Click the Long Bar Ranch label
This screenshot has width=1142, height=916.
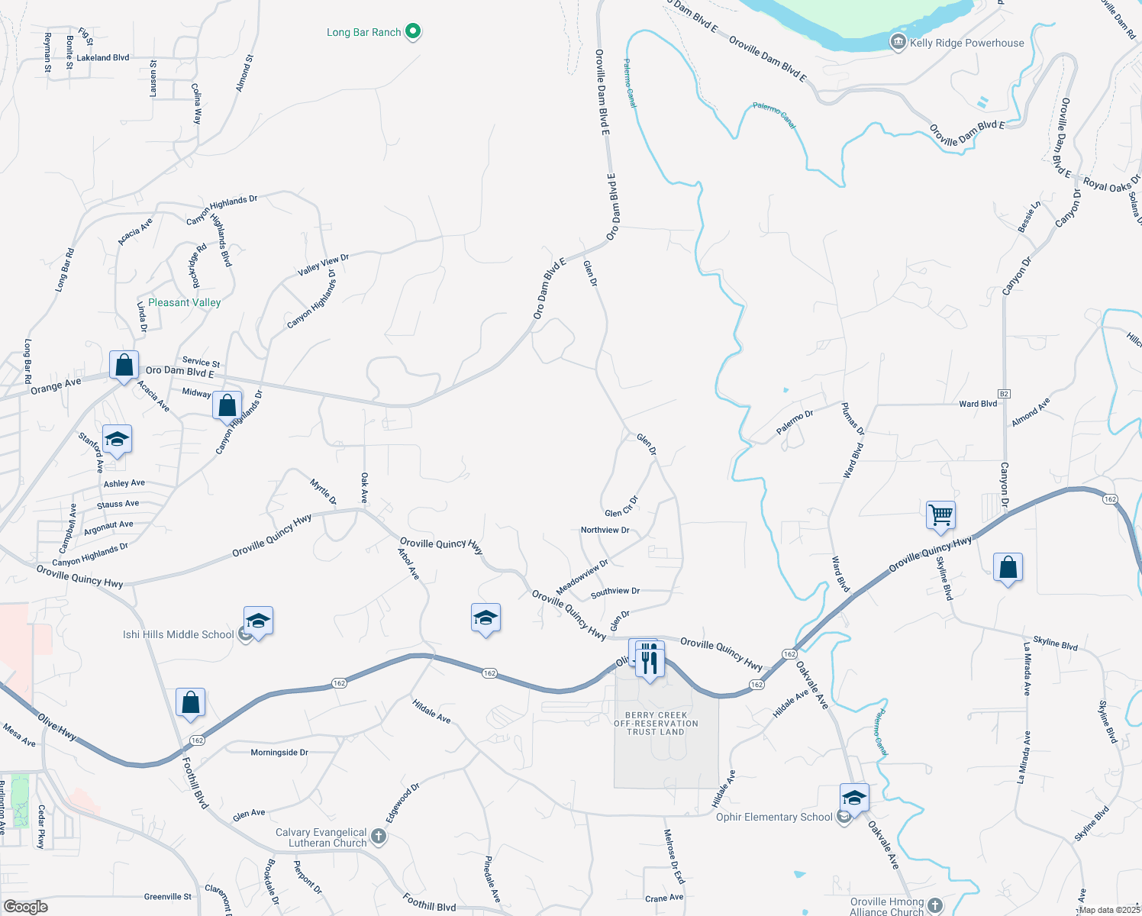coord(364,32)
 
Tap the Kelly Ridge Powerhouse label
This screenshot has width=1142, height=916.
coord(966,43)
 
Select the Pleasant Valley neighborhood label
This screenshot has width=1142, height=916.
coord(185,302)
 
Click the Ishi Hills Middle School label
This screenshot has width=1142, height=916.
coord(179,634)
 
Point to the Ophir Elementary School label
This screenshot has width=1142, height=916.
coord(774,817)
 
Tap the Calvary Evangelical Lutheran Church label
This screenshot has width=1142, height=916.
coord(321,837)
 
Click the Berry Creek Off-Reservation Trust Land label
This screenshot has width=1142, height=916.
coord(656,724)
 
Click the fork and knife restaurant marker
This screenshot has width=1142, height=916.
coord(649,660)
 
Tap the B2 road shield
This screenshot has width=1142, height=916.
coord(1004,394)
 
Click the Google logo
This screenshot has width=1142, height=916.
coord(25,906)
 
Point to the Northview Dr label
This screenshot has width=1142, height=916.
coord(605,530)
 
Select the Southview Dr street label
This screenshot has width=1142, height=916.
coord(615,591)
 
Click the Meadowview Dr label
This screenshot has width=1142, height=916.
coord(582,577)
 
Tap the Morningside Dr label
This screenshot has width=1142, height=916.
coord(279,752)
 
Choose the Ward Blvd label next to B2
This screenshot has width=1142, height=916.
coord(978,404)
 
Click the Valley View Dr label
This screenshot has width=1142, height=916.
coord(324,264)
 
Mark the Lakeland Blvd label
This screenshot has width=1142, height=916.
coord(103,57)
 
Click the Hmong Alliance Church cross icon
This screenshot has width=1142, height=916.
coord(935,906)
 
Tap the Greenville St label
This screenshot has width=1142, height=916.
coord(168,896)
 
